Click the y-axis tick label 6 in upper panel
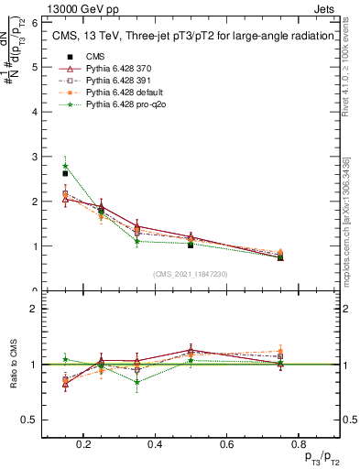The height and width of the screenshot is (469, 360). point(35,22)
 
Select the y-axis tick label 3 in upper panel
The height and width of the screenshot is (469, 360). point(35,157)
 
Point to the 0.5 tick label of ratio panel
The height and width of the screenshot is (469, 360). point(30,420)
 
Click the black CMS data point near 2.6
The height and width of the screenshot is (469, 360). point(65,173)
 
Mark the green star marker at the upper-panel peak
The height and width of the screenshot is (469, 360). point(65,166)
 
